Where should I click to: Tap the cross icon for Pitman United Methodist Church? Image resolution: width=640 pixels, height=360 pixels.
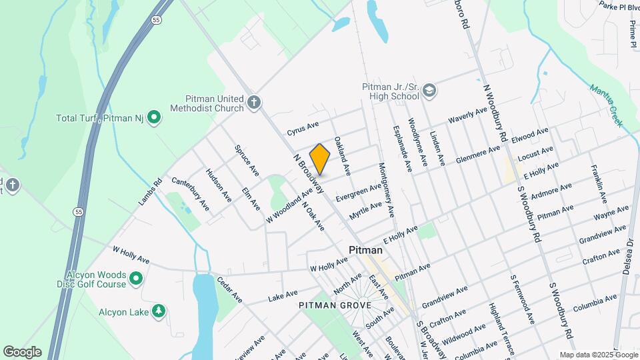(253, 102)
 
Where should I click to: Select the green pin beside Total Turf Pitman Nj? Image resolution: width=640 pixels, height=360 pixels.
(154, 118)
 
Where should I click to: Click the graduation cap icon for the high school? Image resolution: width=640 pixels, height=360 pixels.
(429, 91)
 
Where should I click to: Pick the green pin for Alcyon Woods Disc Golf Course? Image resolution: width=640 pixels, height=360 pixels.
(136, 279)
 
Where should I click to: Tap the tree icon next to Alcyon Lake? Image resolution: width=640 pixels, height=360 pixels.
(158, 311)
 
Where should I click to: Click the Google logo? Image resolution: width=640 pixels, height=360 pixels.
(22, 352)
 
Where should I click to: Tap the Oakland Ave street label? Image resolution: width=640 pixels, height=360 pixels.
(343, 156)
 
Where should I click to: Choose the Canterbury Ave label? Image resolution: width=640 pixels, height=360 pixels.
(191, 193)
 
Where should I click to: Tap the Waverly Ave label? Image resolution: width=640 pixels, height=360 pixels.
(468, 115)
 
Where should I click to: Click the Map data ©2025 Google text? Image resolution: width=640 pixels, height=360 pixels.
(599, 355)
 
